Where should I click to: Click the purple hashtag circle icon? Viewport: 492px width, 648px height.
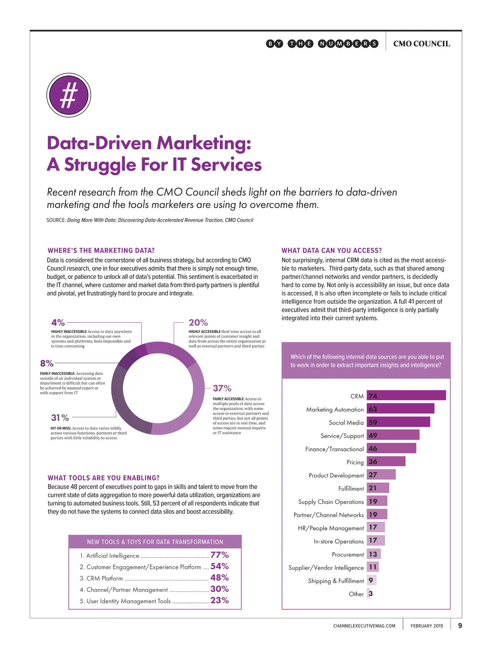(x=68, y=95)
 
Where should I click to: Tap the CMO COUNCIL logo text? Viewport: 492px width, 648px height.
(x=421, y=44)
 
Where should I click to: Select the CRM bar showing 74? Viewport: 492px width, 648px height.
(x=406, y=396)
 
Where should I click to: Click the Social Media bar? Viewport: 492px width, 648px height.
(x=398, y=422)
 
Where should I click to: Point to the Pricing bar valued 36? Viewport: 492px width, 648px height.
(x=386, y=462)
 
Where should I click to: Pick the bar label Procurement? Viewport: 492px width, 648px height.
(x=348, y=555)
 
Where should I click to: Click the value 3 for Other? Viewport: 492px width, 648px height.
(x=371, y=594)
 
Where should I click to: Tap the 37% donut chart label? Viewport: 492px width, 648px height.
(x=222, y=388)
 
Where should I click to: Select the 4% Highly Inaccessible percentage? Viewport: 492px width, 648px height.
(x=58, y=323)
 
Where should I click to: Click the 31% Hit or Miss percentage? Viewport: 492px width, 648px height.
(x=60, y=418)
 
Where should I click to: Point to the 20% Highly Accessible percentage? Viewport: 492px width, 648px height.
(x=198, y=323)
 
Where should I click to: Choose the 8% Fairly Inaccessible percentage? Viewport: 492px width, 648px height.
(x=47, y=363)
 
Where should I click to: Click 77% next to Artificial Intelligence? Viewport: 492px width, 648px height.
(x=219, y=555)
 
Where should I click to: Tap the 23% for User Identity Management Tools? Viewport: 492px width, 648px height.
(x=219, y=600)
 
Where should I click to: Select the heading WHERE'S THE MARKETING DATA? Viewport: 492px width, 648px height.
(x=101, y=251)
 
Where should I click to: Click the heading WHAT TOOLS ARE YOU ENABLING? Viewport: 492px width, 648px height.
(x=103, y=478)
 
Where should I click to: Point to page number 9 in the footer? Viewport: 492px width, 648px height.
(x=460, y=625)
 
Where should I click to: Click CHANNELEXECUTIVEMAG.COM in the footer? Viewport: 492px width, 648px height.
(x=364, y=626)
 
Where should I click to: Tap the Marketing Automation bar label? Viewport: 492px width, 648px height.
(x=335, y=410)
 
